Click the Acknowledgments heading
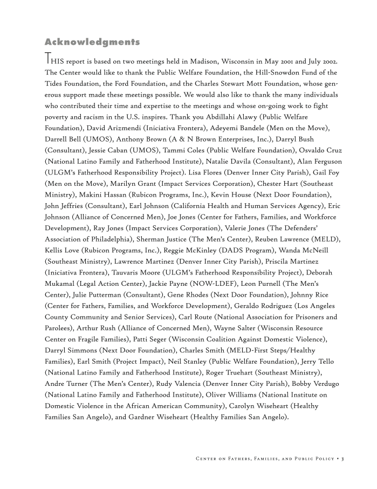(x=92, y=42)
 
